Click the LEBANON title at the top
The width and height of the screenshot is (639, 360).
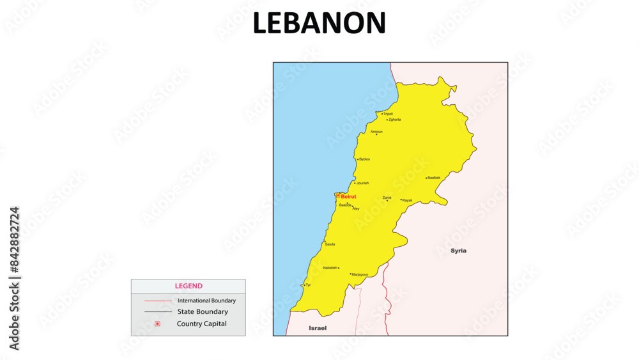tap(319, 23)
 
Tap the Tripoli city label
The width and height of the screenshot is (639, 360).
tap(388, 114)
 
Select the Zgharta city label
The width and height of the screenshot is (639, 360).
tap(394, 120)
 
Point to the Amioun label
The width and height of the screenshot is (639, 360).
tap(376, 132)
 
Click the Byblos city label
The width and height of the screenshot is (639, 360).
tap(364, 159)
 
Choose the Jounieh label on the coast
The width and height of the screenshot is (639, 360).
tap(362, 183)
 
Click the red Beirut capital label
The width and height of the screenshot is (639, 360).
tap(348, 196)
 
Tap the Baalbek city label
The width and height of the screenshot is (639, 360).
tap(434, 178)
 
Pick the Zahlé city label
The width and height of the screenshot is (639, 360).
tap(387, 198)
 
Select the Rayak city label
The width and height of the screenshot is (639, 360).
tap(407, 201)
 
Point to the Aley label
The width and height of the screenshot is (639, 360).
tap(356, 209)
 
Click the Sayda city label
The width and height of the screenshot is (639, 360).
tap(330, 244)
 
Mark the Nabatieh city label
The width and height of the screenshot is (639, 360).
tap(330, 268)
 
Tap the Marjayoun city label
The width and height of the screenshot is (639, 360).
tap(360, 275)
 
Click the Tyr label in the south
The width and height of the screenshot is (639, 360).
tap(308, 285)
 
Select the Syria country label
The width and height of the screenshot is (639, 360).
tap(458, 251)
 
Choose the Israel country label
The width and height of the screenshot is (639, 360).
tap(318, 328)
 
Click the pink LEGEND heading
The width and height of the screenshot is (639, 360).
tap(189, 286)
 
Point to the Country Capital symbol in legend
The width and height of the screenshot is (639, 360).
tap(157, 324)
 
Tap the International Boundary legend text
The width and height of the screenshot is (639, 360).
tap(206, 301)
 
